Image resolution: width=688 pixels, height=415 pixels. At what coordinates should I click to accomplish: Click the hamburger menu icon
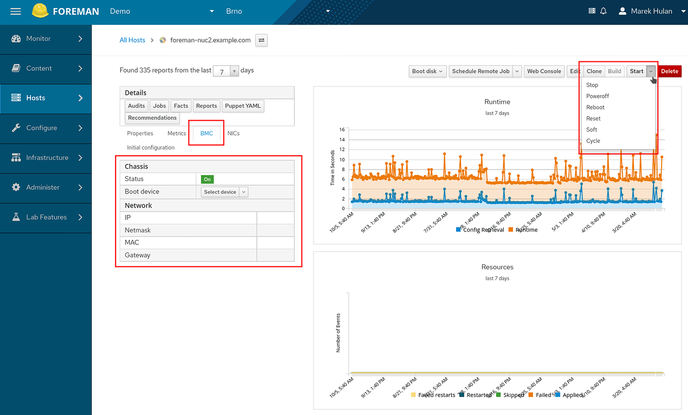(x=15, y=11)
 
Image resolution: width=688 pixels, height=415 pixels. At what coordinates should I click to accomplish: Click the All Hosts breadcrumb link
(x=132, y=40)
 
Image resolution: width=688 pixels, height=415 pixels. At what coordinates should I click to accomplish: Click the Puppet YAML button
(x=243, y=106)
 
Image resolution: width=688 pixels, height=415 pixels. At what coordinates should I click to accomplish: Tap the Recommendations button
(x=152, y=118)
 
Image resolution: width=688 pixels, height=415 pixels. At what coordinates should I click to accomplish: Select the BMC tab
(x=206, y=133)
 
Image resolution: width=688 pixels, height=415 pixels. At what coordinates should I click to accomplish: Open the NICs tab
(x=233, y=133)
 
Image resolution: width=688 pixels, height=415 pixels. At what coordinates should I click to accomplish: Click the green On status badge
(x=207, y=179)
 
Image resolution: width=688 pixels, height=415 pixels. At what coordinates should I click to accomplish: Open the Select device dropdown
(x=224, y=192)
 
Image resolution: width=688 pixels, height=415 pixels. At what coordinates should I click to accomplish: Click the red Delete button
(x=669, y=71)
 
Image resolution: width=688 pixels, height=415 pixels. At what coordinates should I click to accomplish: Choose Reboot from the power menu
(x=595, y=107)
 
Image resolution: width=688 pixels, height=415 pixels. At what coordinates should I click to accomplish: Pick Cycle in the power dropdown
(x=593, y=141)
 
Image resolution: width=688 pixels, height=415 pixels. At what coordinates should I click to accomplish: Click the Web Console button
(x=544, y=71)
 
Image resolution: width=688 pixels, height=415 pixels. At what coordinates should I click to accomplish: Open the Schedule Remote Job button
(x=481, y=71)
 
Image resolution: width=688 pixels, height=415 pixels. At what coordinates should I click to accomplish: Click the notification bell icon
(x=603, y=11)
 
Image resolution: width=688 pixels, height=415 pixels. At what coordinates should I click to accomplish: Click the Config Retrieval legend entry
(x=481, y=230)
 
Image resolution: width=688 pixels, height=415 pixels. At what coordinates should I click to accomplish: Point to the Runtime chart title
(x=497, y=102)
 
